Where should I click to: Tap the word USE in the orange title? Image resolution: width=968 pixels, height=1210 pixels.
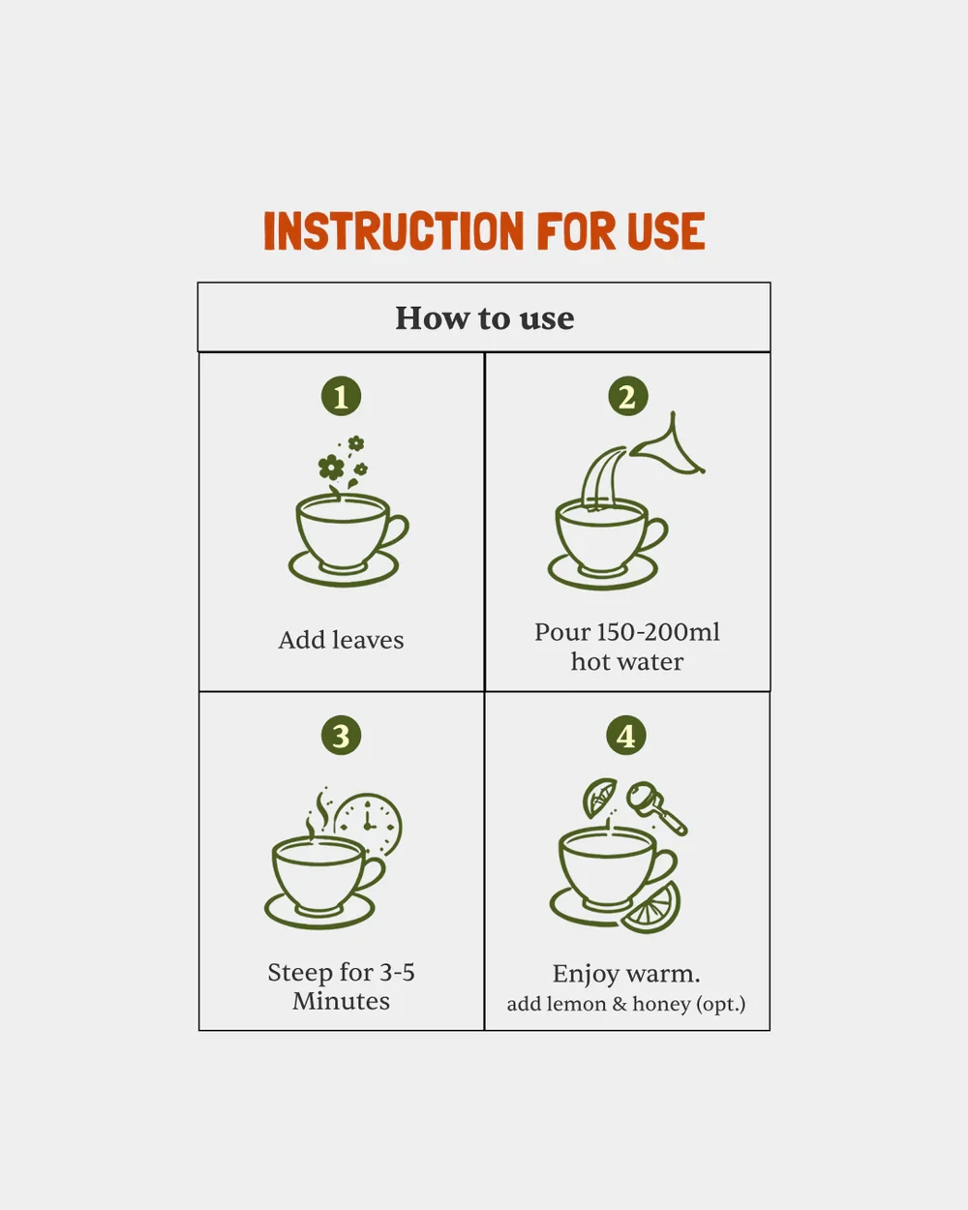click(x=665, y=230)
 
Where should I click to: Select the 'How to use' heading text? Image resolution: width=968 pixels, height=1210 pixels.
click(x=484, y=318)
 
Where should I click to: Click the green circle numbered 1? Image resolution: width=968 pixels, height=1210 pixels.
click(x=341, y=397)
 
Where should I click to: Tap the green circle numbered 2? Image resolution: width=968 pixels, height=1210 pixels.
click(x=627, y=397)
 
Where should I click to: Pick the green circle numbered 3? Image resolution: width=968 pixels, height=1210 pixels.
click(x=341, y=736)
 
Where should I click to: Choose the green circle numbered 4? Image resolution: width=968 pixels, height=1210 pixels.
click(x=626, y=736)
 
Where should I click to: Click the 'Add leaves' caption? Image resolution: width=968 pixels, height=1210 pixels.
click(x=341, y=641)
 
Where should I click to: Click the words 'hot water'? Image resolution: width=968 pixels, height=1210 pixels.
click(x=627, y=662)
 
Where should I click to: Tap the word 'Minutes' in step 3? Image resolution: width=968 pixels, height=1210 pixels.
click(x=341, y=1002)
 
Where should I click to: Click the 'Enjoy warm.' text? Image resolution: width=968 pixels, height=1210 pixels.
click(x=626, y=975)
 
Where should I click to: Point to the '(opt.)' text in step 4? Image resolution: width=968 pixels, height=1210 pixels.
click(x=720, y=1004)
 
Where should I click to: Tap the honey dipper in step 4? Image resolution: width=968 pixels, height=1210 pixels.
click(x=656, y=808)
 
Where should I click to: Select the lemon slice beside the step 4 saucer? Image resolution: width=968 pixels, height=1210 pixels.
click(x=651, y=908)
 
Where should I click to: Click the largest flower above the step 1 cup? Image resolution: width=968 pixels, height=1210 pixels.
click(x=331, y=468)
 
